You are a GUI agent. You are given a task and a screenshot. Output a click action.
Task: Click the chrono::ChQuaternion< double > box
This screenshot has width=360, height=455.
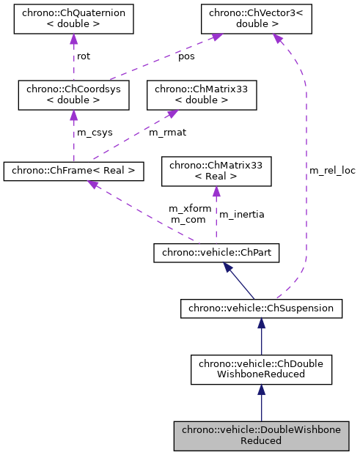coord(73,20)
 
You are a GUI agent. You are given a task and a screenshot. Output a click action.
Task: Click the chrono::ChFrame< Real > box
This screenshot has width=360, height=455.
coord(73,171)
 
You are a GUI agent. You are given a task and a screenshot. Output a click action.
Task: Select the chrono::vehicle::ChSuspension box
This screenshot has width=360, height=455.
coord(261,308)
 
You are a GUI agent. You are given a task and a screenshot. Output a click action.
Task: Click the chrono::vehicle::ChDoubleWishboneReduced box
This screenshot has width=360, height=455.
coord(261,370)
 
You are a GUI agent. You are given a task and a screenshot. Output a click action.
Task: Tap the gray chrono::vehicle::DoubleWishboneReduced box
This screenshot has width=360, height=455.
coord(261,434)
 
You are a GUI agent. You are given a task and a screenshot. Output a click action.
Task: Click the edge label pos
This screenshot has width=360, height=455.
coord(187,56)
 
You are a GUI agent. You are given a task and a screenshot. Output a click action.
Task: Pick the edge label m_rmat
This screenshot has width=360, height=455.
coord(166,133)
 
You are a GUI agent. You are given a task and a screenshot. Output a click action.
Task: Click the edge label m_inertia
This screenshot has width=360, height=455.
coord(242,214)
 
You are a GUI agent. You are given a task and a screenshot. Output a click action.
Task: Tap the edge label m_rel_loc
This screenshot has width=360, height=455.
coord(332,171)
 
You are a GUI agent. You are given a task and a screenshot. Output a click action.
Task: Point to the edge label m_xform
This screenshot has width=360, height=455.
coord(190,209)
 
